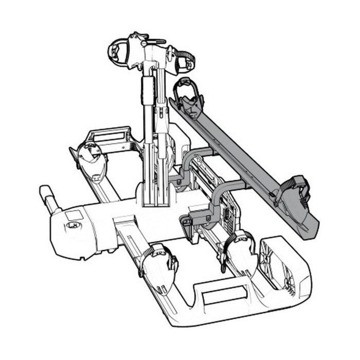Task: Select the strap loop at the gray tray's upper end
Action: pyautogui.click(x=186, y=87)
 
